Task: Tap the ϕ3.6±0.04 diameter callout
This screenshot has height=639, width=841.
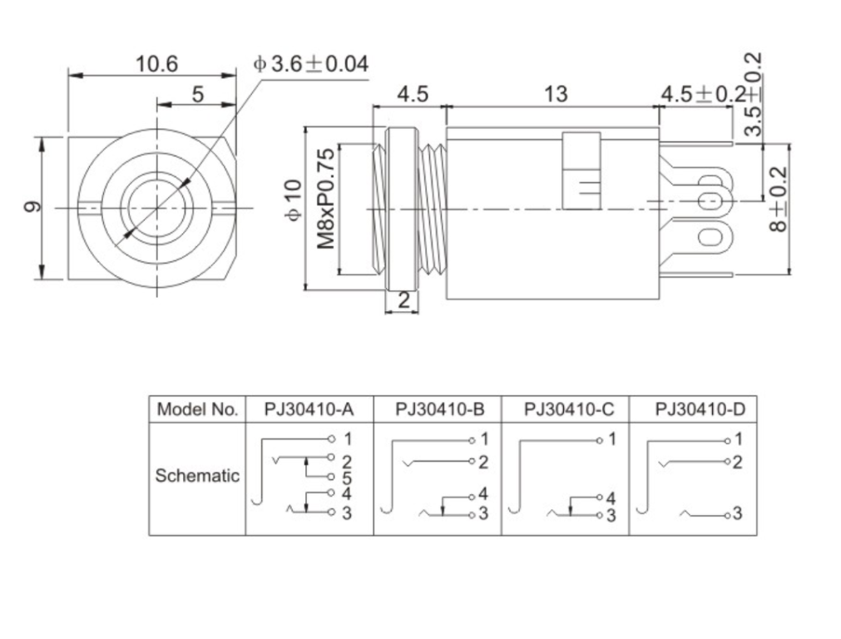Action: coord(310,63)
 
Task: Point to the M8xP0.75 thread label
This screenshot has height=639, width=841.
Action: coord(325,199)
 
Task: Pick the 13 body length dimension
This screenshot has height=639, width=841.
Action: coord(555,94)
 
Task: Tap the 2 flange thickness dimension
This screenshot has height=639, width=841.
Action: coord(403,300)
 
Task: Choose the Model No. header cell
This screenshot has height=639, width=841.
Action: coord(197,409)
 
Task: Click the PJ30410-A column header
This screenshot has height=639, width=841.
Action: coord(309,409)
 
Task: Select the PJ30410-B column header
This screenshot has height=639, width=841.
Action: coord(438,409)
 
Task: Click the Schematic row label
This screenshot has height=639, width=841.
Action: coord(197,476)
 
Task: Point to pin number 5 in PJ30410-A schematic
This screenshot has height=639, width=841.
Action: coord(347,478)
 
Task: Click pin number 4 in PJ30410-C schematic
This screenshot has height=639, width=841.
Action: coord(611,498)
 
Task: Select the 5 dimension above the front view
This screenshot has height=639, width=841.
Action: coord(197,94)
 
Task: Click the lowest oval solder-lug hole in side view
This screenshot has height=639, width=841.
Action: coord(710,238)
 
